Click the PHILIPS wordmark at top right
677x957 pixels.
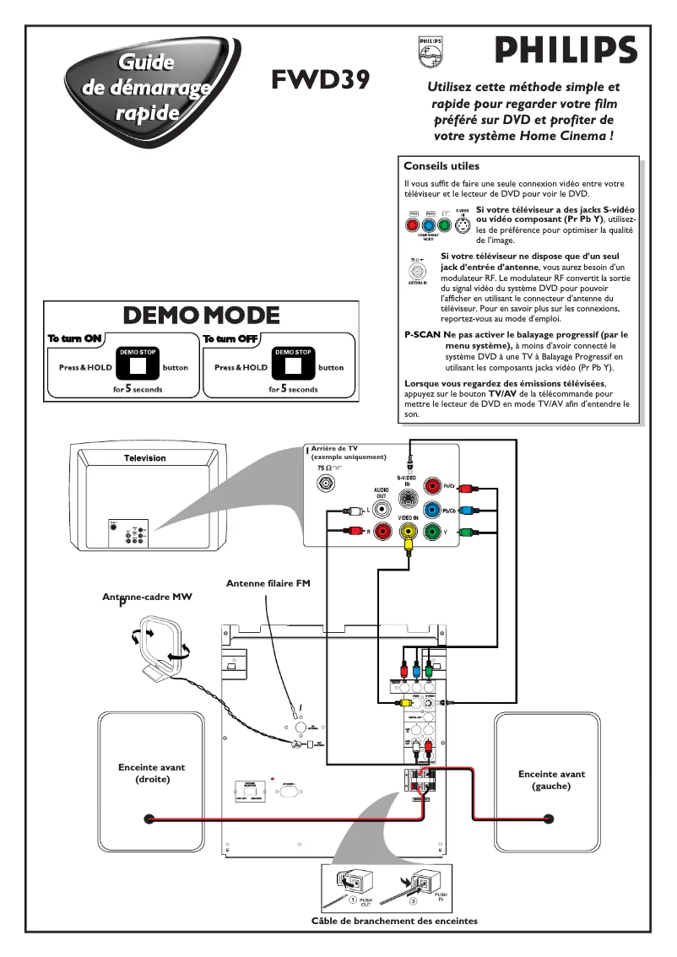point(566,51)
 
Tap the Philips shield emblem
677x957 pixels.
point(429,51)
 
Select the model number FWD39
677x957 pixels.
point(320,79)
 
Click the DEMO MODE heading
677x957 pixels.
point(201,315)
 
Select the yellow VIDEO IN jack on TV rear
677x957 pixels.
point(409,532)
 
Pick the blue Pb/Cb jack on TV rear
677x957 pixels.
point(433,510)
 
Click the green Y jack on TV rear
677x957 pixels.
point(433,532)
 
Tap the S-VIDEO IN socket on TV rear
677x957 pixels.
point(409,497)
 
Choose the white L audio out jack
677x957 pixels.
point(384,510)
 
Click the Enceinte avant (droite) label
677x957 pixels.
point(152,773)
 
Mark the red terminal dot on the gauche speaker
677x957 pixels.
point(549,818)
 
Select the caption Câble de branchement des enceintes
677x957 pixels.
point(394,920)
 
